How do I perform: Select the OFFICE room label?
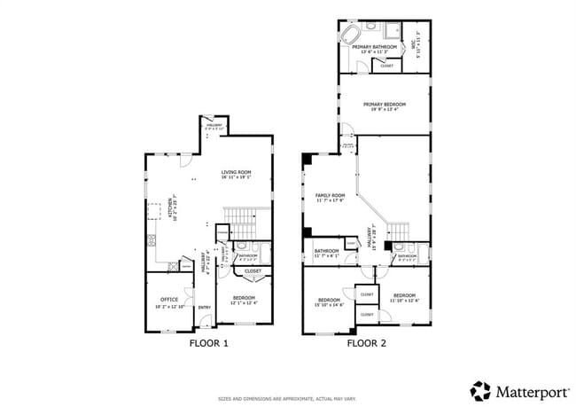coord(169,300)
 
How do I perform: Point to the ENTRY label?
coord(204,308)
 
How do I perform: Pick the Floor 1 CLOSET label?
coord(253,270)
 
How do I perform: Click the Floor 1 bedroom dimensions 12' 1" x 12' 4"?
coord(244,303)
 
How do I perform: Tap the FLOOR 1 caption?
coord(209,342)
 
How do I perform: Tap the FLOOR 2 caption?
coord(365,342)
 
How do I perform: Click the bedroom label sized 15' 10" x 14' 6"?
coord(330,301)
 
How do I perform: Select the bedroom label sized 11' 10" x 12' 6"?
coord(405,294)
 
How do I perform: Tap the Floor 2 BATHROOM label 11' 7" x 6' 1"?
coord(326,251)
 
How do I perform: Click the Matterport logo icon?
coord(480,390)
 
